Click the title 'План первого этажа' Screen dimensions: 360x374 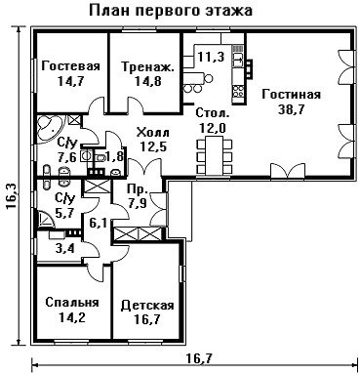[171, 11]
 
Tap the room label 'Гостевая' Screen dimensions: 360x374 [70, 66]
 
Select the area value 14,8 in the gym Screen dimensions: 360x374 [148, 81]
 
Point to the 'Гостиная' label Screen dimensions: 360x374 [291, 95]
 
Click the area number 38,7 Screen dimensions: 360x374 [291, 109]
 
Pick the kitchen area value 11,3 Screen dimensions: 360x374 [211, 58]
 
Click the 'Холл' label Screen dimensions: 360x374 [153, 133]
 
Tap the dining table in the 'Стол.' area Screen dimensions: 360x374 [215, 155]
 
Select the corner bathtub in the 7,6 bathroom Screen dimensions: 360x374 [50, 127]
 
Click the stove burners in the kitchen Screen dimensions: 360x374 [238, 91]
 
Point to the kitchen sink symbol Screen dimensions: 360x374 [238, 59]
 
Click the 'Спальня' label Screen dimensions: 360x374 [72, 302]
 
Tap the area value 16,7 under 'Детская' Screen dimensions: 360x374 [147, 319]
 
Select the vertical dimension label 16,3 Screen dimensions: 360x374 [12, 196]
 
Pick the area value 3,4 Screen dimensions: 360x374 [66, 249]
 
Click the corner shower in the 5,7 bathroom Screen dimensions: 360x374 [46, 219]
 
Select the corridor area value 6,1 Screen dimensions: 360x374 [99, 224]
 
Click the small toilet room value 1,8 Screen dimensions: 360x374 [114, 157]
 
